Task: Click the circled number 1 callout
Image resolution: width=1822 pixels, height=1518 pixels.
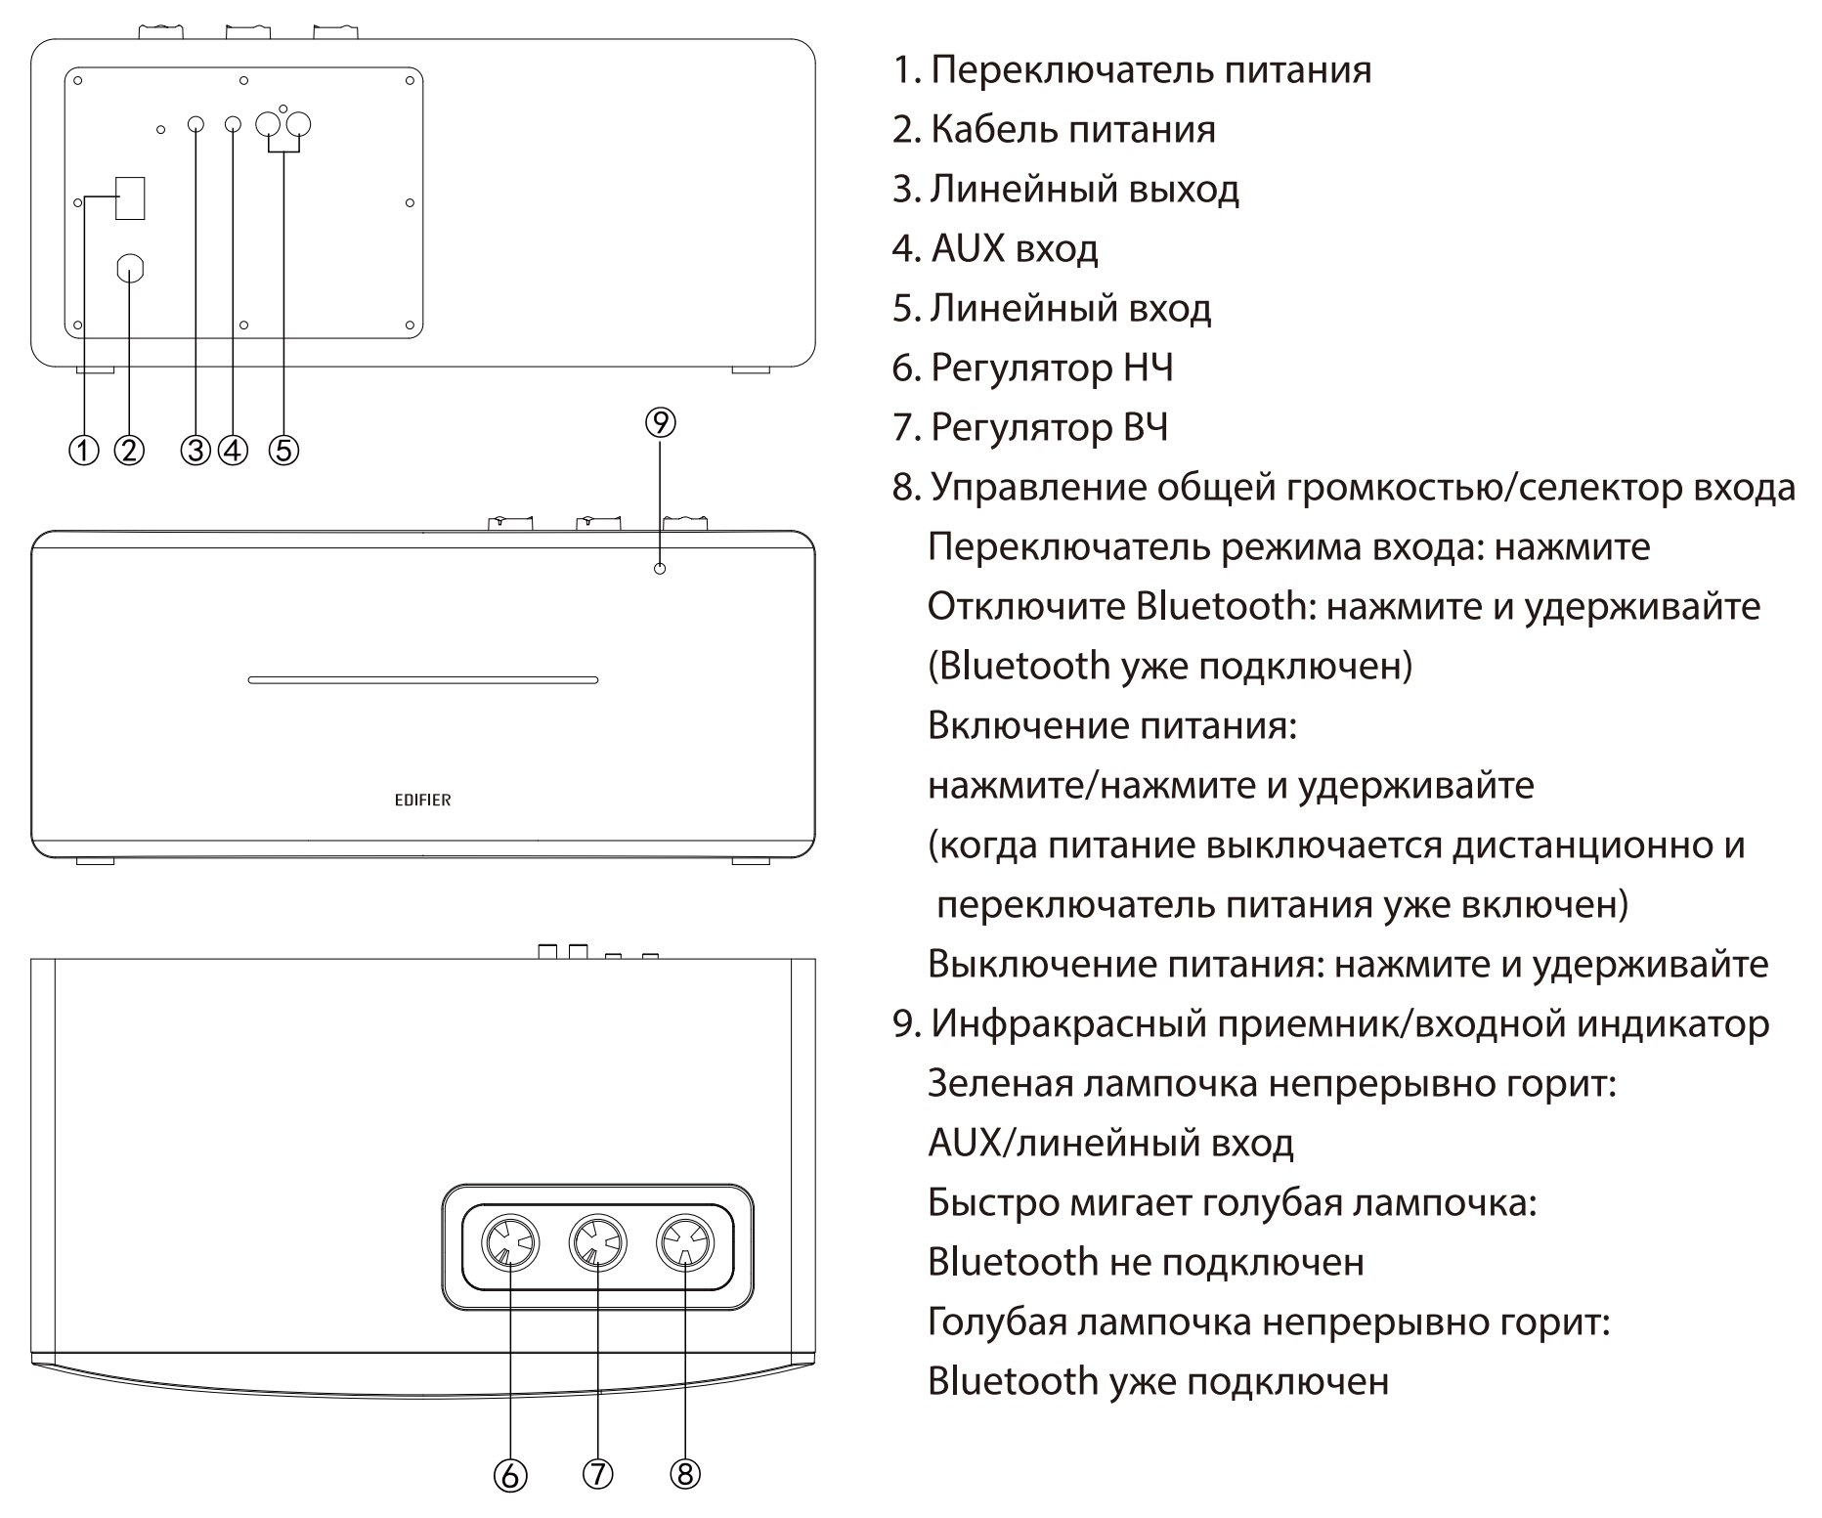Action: pyautogui.click(x=84, y=450)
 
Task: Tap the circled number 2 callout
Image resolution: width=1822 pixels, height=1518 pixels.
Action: pyautogui.click(x=130, y=450)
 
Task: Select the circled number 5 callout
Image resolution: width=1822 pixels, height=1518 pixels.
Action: pyautogui.click(x=283, y=450)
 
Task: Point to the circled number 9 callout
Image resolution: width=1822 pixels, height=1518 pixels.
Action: pyautogui.click(x=661, y=422)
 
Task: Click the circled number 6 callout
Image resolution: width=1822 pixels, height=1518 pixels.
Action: pyautogui.click(x=510, y=1475)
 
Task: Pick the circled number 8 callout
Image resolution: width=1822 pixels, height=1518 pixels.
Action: pyautogui.click(x=685, y=1473)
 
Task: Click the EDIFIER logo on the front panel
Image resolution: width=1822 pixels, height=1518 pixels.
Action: pyautogui.click(x=422, y=800)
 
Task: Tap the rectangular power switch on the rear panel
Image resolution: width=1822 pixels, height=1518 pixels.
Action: pyautogui.click(x=130, y=198)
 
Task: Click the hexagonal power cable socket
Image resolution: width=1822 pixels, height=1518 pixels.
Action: pyautogui.click(x=131, y=269)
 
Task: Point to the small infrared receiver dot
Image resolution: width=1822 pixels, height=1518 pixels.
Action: pyautogui.click(x=660, y=568)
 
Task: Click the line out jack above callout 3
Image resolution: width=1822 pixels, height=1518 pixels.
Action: pyautogui.click(x=195, y=125)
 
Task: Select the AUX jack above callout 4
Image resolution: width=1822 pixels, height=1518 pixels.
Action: pyautogui.click(x=233, y=125)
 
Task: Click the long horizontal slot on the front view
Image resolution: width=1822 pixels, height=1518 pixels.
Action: pyautogui.click(x=422, y=679)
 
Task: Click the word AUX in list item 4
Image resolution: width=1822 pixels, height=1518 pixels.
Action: pyautogui.click(x=968, y=248)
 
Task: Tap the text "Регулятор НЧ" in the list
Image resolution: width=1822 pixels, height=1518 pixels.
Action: pyautogui.click(x=1051, y=368)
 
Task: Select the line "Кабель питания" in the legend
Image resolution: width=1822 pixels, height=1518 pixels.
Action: pyautogui.click(x=1072, y=129)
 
